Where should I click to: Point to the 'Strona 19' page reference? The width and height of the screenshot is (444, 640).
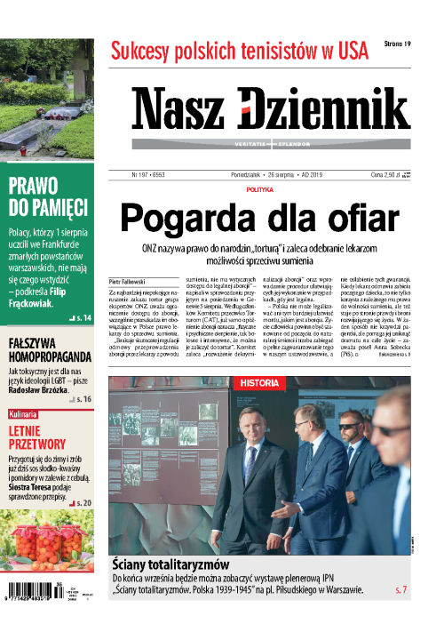point(398,44)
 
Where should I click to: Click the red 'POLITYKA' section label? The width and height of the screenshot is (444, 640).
point(259,189)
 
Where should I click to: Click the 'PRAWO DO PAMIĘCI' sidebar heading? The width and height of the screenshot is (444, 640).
point(48,196)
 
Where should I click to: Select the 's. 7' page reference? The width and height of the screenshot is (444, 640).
point(400,590)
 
